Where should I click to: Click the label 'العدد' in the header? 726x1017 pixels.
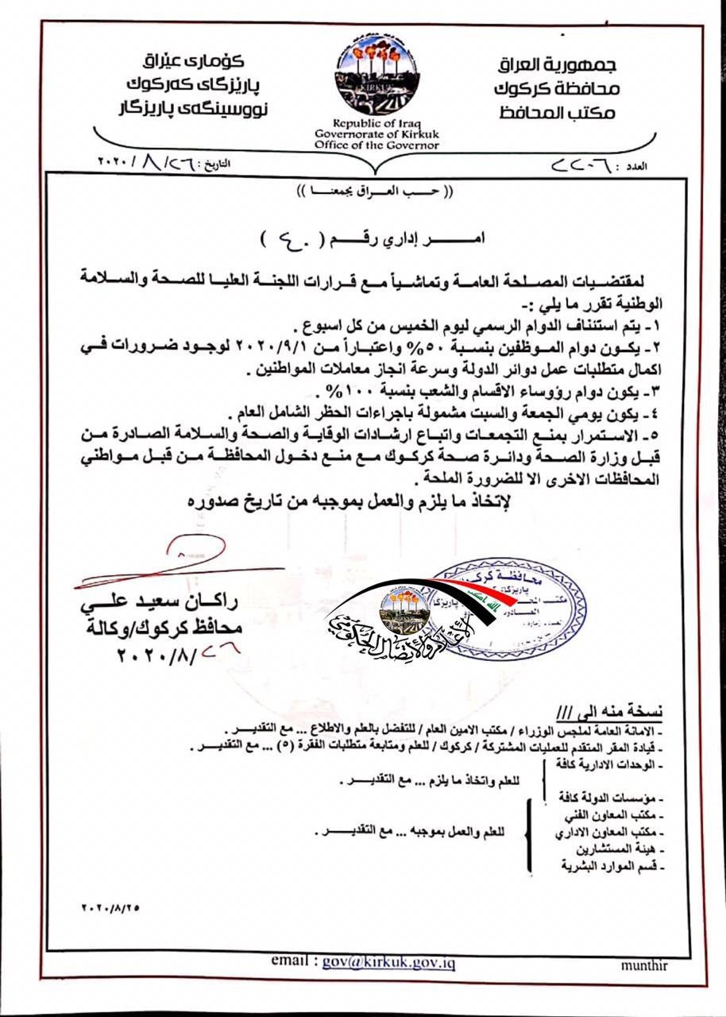point(637,168)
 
